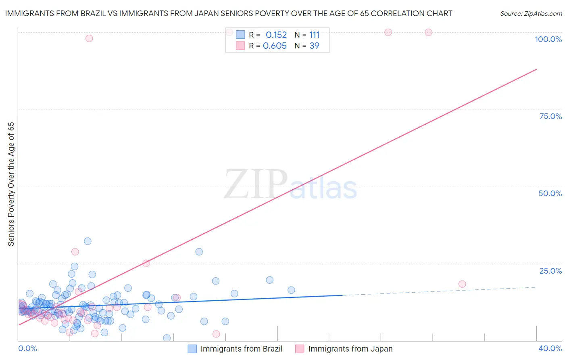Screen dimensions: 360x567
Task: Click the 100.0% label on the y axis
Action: [548, 39]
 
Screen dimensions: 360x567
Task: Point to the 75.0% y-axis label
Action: [550, 116]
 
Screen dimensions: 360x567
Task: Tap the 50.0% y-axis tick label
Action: [550, 193]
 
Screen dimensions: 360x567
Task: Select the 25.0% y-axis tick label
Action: [550, 271]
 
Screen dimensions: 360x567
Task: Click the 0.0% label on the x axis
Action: [27, 348]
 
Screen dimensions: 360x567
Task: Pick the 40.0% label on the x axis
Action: [550, 348]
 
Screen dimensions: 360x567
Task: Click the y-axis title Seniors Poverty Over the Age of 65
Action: [11, 184]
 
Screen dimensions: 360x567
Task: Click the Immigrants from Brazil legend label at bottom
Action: [241, 349]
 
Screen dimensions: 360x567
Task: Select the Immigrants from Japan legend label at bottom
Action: [350, 349]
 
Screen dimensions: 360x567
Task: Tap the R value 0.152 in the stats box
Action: [276, 35]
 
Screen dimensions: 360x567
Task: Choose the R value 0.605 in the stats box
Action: [275, 46]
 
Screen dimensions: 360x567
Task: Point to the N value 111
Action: [314, 35]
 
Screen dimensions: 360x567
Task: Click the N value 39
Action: [314, 46]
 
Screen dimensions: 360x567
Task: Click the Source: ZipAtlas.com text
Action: [531, 14]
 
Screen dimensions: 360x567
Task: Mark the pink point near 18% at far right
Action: [462, 284]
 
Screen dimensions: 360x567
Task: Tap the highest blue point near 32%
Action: [88, 241]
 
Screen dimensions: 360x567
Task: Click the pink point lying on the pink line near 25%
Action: [146, 264]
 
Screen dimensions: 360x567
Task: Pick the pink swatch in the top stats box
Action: [240, 46]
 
